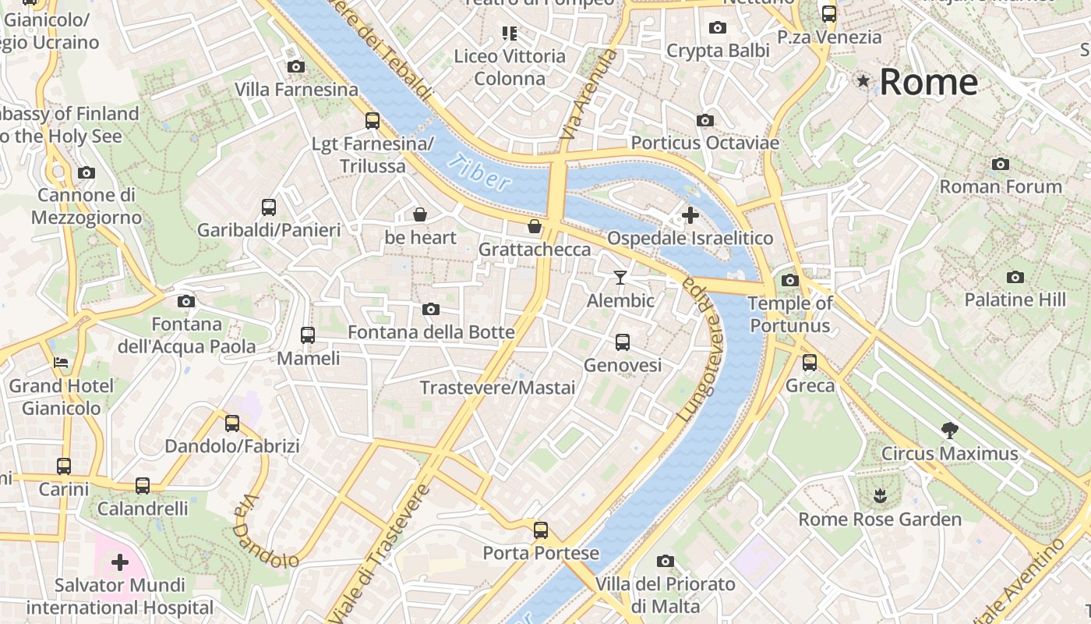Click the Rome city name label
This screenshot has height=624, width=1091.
(928, 82)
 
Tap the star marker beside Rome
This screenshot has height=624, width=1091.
(863, 80)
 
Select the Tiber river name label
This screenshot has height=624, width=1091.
(480, 173)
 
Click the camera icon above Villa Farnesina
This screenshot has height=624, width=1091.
(295, 67)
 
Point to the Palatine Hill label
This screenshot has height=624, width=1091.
(1015, 300)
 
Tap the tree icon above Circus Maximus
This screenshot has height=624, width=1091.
(949, 429)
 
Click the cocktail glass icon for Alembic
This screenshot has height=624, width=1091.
(620, 277)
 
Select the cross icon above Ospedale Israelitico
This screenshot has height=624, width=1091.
(690, 215)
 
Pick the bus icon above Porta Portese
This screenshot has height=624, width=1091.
(541, 530)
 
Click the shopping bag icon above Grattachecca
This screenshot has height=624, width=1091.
(535, 227)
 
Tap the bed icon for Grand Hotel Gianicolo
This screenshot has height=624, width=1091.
(61, 363)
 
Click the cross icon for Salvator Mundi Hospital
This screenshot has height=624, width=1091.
(120, 562)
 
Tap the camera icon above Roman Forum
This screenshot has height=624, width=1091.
(1001, 164)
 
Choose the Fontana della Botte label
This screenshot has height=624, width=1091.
(431, 332)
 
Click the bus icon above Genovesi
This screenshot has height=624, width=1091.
(623, 342)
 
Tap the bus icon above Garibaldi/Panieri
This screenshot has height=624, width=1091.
(269, 207)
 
